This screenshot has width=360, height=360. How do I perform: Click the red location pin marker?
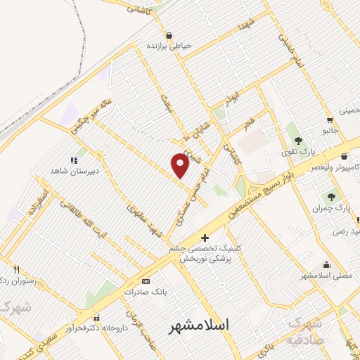pos(181,166)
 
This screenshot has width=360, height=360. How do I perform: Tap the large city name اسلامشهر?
pos(200,326)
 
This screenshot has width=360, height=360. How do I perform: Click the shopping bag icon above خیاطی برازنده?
pos(169,35)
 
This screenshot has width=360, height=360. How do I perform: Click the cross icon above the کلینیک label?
pos(205,238)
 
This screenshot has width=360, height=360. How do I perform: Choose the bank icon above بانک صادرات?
pos(146,281)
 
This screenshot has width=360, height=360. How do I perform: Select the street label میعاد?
pos(167,105)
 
